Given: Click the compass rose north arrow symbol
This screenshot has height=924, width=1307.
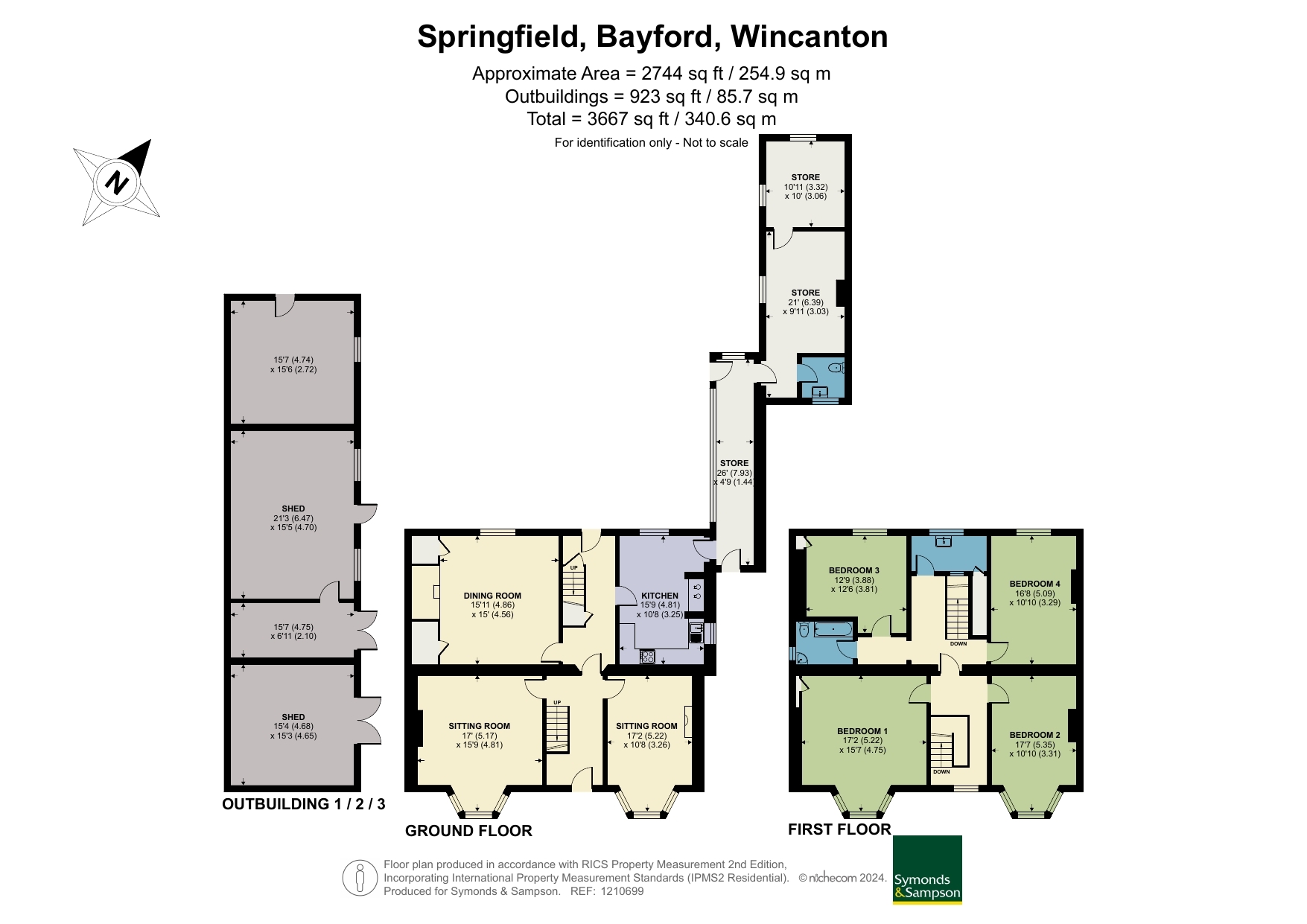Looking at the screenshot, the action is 117,181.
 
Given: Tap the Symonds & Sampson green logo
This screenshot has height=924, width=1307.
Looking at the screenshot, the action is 927,870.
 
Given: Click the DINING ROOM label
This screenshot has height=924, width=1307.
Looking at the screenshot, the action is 492,596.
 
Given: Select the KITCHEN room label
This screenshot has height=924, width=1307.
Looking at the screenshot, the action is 660,596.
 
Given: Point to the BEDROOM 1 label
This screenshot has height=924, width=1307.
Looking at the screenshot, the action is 862,731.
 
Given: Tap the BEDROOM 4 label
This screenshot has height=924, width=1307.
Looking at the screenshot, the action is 1035,584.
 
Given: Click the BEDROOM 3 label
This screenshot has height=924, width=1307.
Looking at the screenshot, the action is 854,570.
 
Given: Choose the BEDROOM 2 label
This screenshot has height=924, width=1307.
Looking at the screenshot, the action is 1035,735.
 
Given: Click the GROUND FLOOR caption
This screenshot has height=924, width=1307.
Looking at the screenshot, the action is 468,831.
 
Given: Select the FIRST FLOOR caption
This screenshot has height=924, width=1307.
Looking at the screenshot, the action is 839,829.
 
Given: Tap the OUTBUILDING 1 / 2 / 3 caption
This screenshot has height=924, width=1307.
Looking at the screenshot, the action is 304,804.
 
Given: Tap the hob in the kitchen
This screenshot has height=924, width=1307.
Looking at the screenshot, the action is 647,657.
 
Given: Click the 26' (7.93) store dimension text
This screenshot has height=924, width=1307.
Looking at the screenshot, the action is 734,473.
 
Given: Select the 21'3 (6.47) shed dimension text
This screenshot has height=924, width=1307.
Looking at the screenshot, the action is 293,518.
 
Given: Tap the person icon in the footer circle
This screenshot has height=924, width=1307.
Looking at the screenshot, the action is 360,878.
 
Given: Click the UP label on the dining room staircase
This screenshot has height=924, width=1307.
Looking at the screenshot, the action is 573,568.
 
